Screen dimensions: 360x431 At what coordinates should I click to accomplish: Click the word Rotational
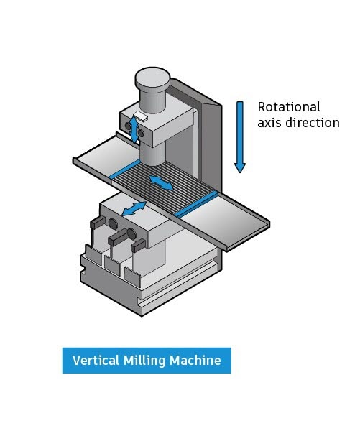289,106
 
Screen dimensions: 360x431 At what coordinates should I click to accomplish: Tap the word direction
313,123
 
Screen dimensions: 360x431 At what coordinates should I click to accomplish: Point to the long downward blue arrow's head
240,167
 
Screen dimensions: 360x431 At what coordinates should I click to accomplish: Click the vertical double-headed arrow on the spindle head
134,129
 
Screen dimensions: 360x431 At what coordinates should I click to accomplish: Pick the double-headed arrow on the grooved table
161,182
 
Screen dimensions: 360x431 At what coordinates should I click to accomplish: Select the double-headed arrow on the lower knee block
134,208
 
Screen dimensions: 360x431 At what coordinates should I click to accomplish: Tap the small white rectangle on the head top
141,116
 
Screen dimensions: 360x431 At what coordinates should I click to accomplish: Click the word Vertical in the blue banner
96,361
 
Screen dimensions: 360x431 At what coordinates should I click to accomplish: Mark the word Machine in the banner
195,361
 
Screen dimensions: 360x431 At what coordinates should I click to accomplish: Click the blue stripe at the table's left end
125,169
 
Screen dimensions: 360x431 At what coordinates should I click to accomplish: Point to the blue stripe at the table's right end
196,204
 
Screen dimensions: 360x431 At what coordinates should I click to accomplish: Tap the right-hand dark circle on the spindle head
141,134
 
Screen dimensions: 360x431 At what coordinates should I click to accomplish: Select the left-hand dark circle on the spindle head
128,126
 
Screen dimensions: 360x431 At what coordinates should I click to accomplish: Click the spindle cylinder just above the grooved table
152,154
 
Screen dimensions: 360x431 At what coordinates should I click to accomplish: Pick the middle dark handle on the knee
118,238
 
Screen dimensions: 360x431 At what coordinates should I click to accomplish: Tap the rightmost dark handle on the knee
138,245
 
